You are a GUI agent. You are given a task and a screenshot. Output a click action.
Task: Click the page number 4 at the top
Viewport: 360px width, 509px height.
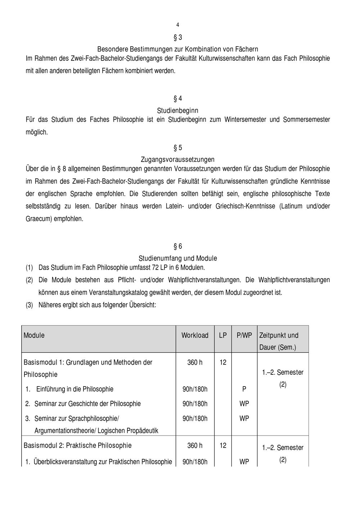coord(177,25)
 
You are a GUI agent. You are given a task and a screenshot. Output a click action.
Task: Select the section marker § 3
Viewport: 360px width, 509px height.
coord(178,37)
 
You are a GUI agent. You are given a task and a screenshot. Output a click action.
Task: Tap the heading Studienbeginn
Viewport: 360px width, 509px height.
coord(177,111)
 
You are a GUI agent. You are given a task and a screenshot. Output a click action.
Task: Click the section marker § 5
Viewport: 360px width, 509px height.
coord(178,148)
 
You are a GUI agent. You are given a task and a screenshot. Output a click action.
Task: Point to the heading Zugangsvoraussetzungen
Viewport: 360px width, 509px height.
coord(177,159)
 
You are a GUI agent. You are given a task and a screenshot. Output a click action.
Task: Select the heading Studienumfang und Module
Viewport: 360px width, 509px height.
coord(177,258)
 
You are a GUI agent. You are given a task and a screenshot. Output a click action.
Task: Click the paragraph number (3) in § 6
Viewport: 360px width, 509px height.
coord(29,305)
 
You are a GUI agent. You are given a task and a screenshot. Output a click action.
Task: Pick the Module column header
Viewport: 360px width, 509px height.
coord(34,335)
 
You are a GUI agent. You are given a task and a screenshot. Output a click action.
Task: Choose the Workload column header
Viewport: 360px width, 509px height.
coord(195,335)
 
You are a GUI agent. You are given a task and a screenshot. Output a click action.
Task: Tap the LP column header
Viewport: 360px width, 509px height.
coord(223,335)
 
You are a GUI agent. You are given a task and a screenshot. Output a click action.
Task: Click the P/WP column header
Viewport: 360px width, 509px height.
coord(244,335)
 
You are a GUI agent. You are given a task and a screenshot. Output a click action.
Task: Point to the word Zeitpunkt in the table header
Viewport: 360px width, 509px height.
coord(273,335)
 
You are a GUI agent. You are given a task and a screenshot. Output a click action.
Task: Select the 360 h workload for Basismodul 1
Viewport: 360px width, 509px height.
coord(195,362)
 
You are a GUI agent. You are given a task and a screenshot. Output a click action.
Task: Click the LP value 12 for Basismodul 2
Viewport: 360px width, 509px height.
coord(223,446)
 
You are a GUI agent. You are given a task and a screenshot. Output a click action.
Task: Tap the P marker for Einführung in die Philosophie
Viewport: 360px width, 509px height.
coord(244,389)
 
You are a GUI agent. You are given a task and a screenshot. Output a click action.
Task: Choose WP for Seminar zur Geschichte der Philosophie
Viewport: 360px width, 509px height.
coord(244,404)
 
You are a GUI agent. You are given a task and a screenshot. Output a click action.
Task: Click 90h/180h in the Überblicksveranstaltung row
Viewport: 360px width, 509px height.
coord(195,462)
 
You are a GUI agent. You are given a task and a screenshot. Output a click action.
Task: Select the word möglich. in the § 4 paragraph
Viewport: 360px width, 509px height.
coord(37,132)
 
